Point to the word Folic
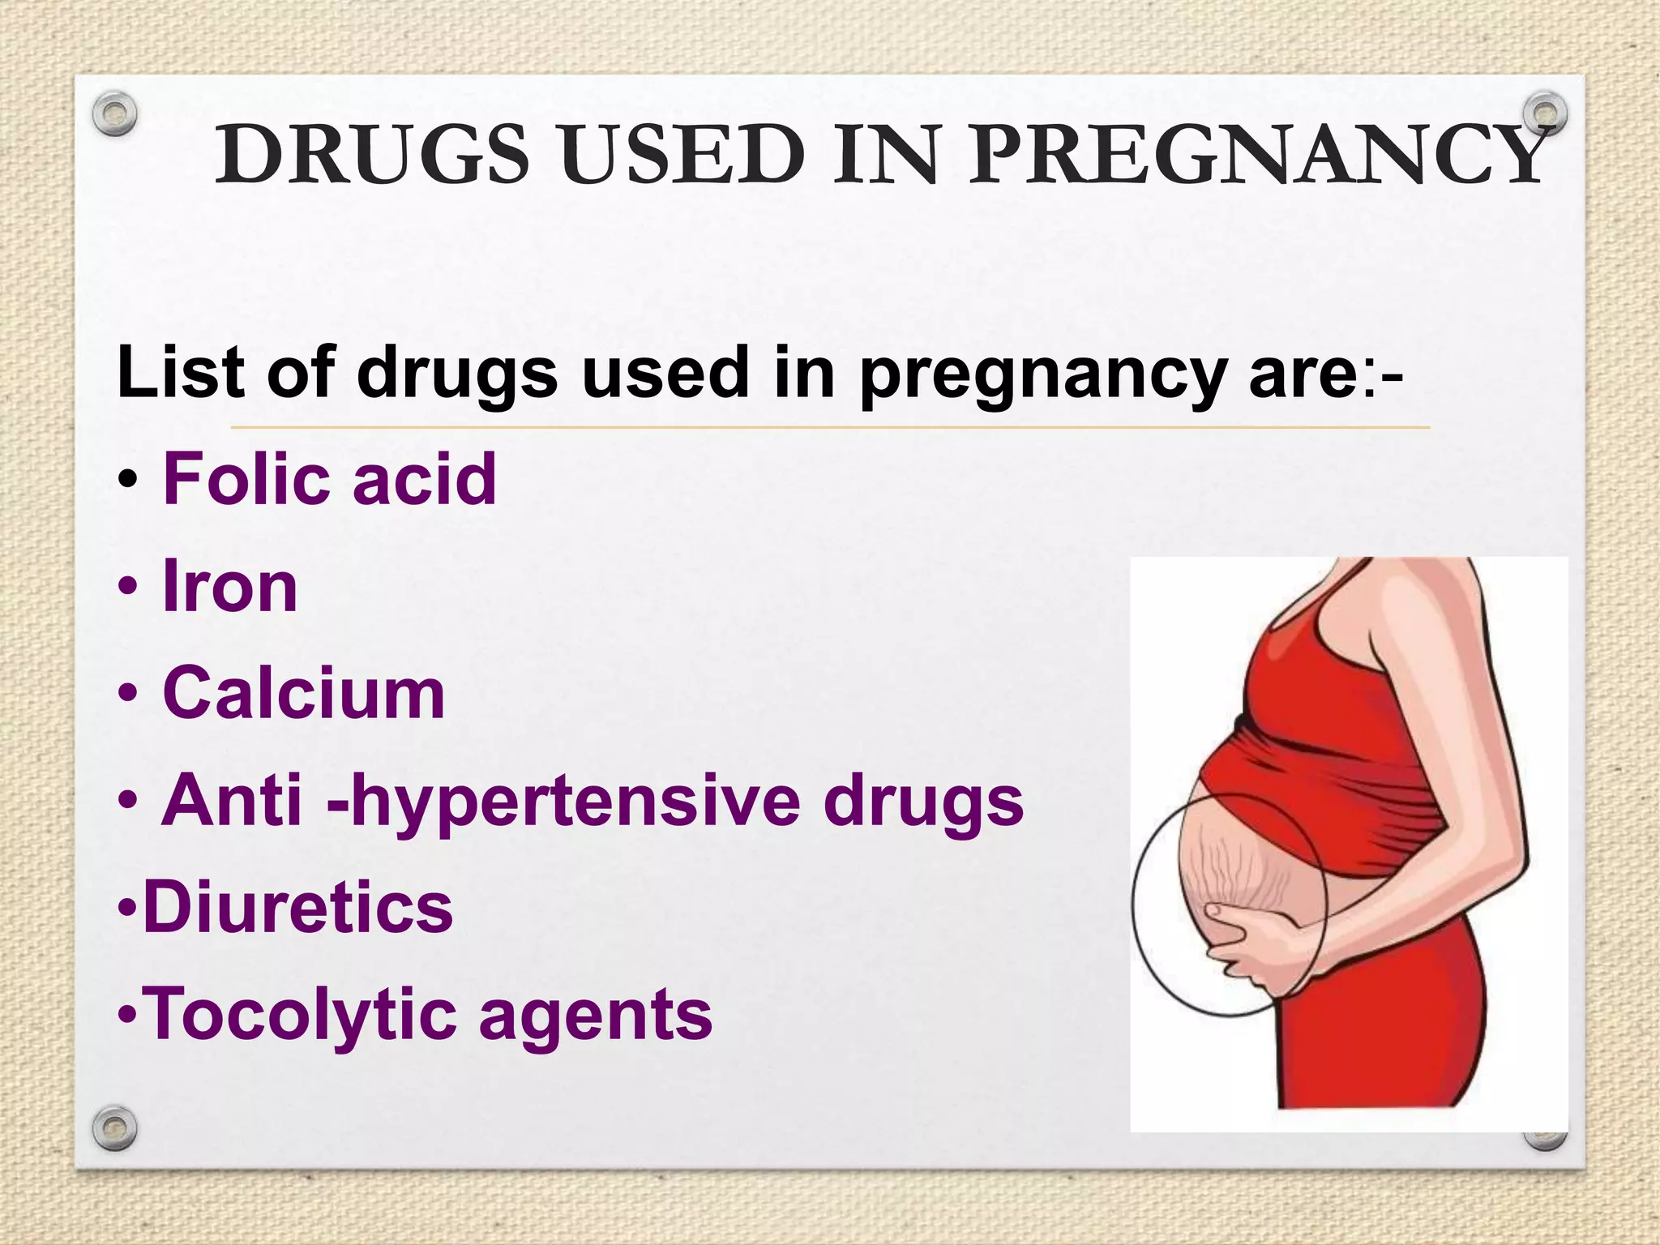250,479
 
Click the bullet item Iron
230,586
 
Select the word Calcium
304,693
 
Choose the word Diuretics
297,908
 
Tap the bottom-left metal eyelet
113,1127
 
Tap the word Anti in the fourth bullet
231,801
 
